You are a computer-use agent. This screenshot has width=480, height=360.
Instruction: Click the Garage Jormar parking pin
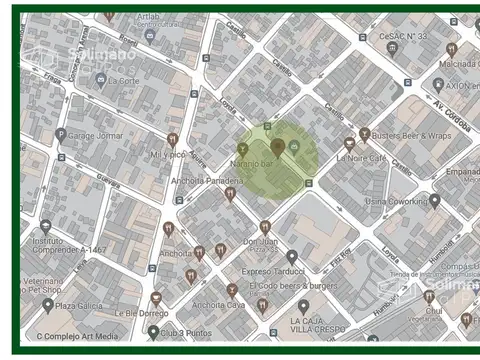click(x=61, y=134)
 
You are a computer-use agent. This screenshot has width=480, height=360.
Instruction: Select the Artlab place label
click(x=148, y=17)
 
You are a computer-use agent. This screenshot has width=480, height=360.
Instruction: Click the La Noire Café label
click(x=362, y=157)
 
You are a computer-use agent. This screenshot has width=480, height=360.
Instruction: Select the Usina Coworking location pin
click(x=435, y=200)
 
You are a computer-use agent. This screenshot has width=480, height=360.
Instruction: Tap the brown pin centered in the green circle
click(x=277, y=147)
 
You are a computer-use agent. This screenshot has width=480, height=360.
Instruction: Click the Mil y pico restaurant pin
click(x=172, y=140)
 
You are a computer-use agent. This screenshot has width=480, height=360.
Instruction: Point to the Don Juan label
click(x=262, y=241)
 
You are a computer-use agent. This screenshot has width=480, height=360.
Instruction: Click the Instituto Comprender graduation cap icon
click(x=46, y=226)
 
